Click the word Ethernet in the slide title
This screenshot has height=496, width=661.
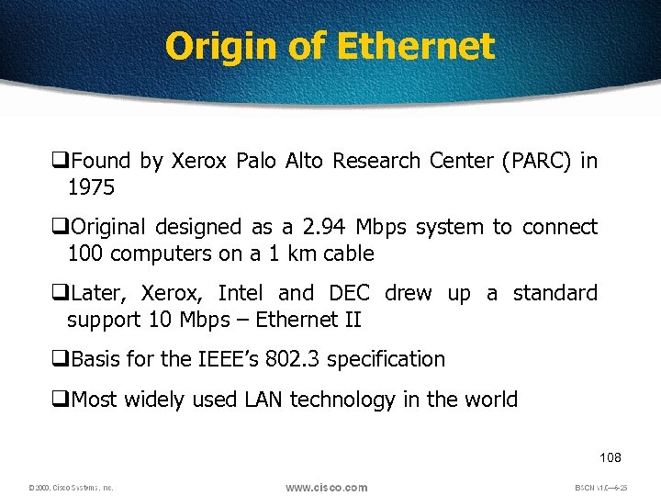click(x=416, y=46)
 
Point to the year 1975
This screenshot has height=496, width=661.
click(x=91, y=187)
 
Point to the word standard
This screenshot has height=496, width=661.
click(x=555, y=293)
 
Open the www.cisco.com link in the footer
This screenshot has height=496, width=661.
click(x=326, y=487)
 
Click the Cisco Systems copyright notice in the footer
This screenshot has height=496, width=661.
click(x=70, y=488)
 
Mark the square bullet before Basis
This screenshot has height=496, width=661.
click(x=63, y=359)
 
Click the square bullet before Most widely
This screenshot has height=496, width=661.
click(x=63, y=400)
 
